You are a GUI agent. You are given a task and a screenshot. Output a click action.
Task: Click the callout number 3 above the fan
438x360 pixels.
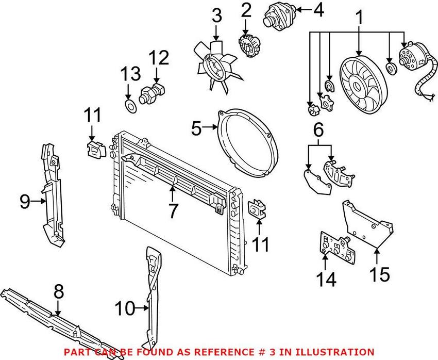216,17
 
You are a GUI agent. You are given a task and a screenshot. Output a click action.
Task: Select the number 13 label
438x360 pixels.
130,74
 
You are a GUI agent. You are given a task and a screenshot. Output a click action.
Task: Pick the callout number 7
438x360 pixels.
173,209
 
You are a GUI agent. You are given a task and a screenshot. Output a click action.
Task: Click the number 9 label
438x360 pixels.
25,202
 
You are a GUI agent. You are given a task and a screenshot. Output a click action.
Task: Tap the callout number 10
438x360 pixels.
124,309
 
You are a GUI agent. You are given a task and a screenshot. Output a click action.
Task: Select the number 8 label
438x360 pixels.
58,292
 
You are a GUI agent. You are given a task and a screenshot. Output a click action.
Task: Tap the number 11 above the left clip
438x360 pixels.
93,115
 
